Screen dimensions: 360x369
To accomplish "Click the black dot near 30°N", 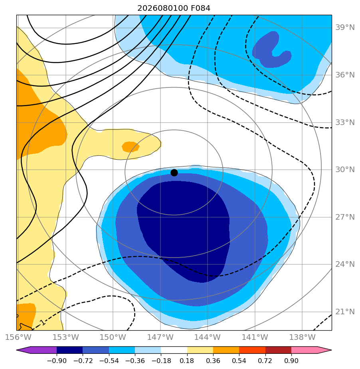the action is (x=174, y=173).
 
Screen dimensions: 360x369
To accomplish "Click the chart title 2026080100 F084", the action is (x=174, y=8).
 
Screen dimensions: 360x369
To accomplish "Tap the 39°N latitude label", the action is (x=345, y=28).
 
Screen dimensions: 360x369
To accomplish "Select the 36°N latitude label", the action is (x=345, y=75).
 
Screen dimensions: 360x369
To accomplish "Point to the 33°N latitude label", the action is (x=345, y=122).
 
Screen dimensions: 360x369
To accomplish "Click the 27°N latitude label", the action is (x=345, y=217).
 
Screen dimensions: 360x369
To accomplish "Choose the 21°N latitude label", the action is (x=345, y=312).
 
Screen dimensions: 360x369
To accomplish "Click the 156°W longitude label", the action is (x=18, y=337).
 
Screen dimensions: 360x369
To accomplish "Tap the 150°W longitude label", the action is (x=113, y=337).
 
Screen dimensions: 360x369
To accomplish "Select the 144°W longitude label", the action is (x=208, y=337).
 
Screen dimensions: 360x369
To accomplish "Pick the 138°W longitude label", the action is (x=302, y=337).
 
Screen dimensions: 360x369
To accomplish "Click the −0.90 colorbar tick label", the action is (x=57, y=361).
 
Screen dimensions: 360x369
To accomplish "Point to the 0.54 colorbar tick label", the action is (x=239, y=361).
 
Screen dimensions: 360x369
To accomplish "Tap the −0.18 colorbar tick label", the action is (x=161, y=361).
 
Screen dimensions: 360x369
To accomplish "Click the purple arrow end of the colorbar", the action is (x=36, y=350).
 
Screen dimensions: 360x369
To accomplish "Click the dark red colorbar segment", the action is (x=279, y=350).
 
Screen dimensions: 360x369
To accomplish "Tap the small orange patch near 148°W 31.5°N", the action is (x=131, y=147).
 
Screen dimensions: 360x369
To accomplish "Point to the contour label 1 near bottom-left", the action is (x=43, y=322).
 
